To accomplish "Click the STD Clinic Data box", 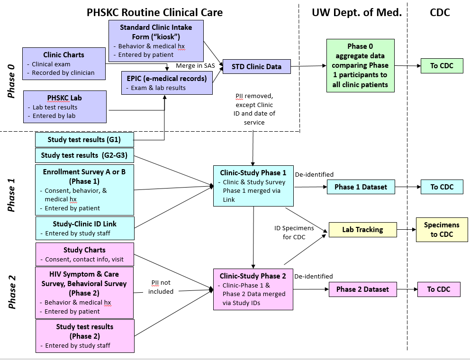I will pos(257,67).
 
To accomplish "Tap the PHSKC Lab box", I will pos(65,107).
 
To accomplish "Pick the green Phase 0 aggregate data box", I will pos(360,65).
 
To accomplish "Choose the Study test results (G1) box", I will pos(84,140).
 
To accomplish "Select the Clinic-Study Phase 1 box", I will pos(253,186).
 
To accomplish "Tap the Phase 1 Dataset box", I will pos(361,187).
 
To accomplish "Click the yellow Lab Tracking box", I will pos(362,230).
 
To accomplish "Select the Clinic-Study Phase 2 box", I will pos(253,289).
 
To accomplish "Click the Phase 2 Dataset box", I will pos(362,289).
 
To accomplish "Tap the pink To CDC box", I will pos(438,289).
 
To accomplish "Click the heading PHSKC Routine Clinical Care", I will pos(154,12).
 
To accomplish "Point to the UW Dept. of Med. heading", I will pos(356,12).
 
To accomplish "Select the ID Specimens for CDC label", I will pos(294,233).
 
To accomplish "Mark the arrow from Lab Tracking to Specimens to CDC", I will pos(406,230).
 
